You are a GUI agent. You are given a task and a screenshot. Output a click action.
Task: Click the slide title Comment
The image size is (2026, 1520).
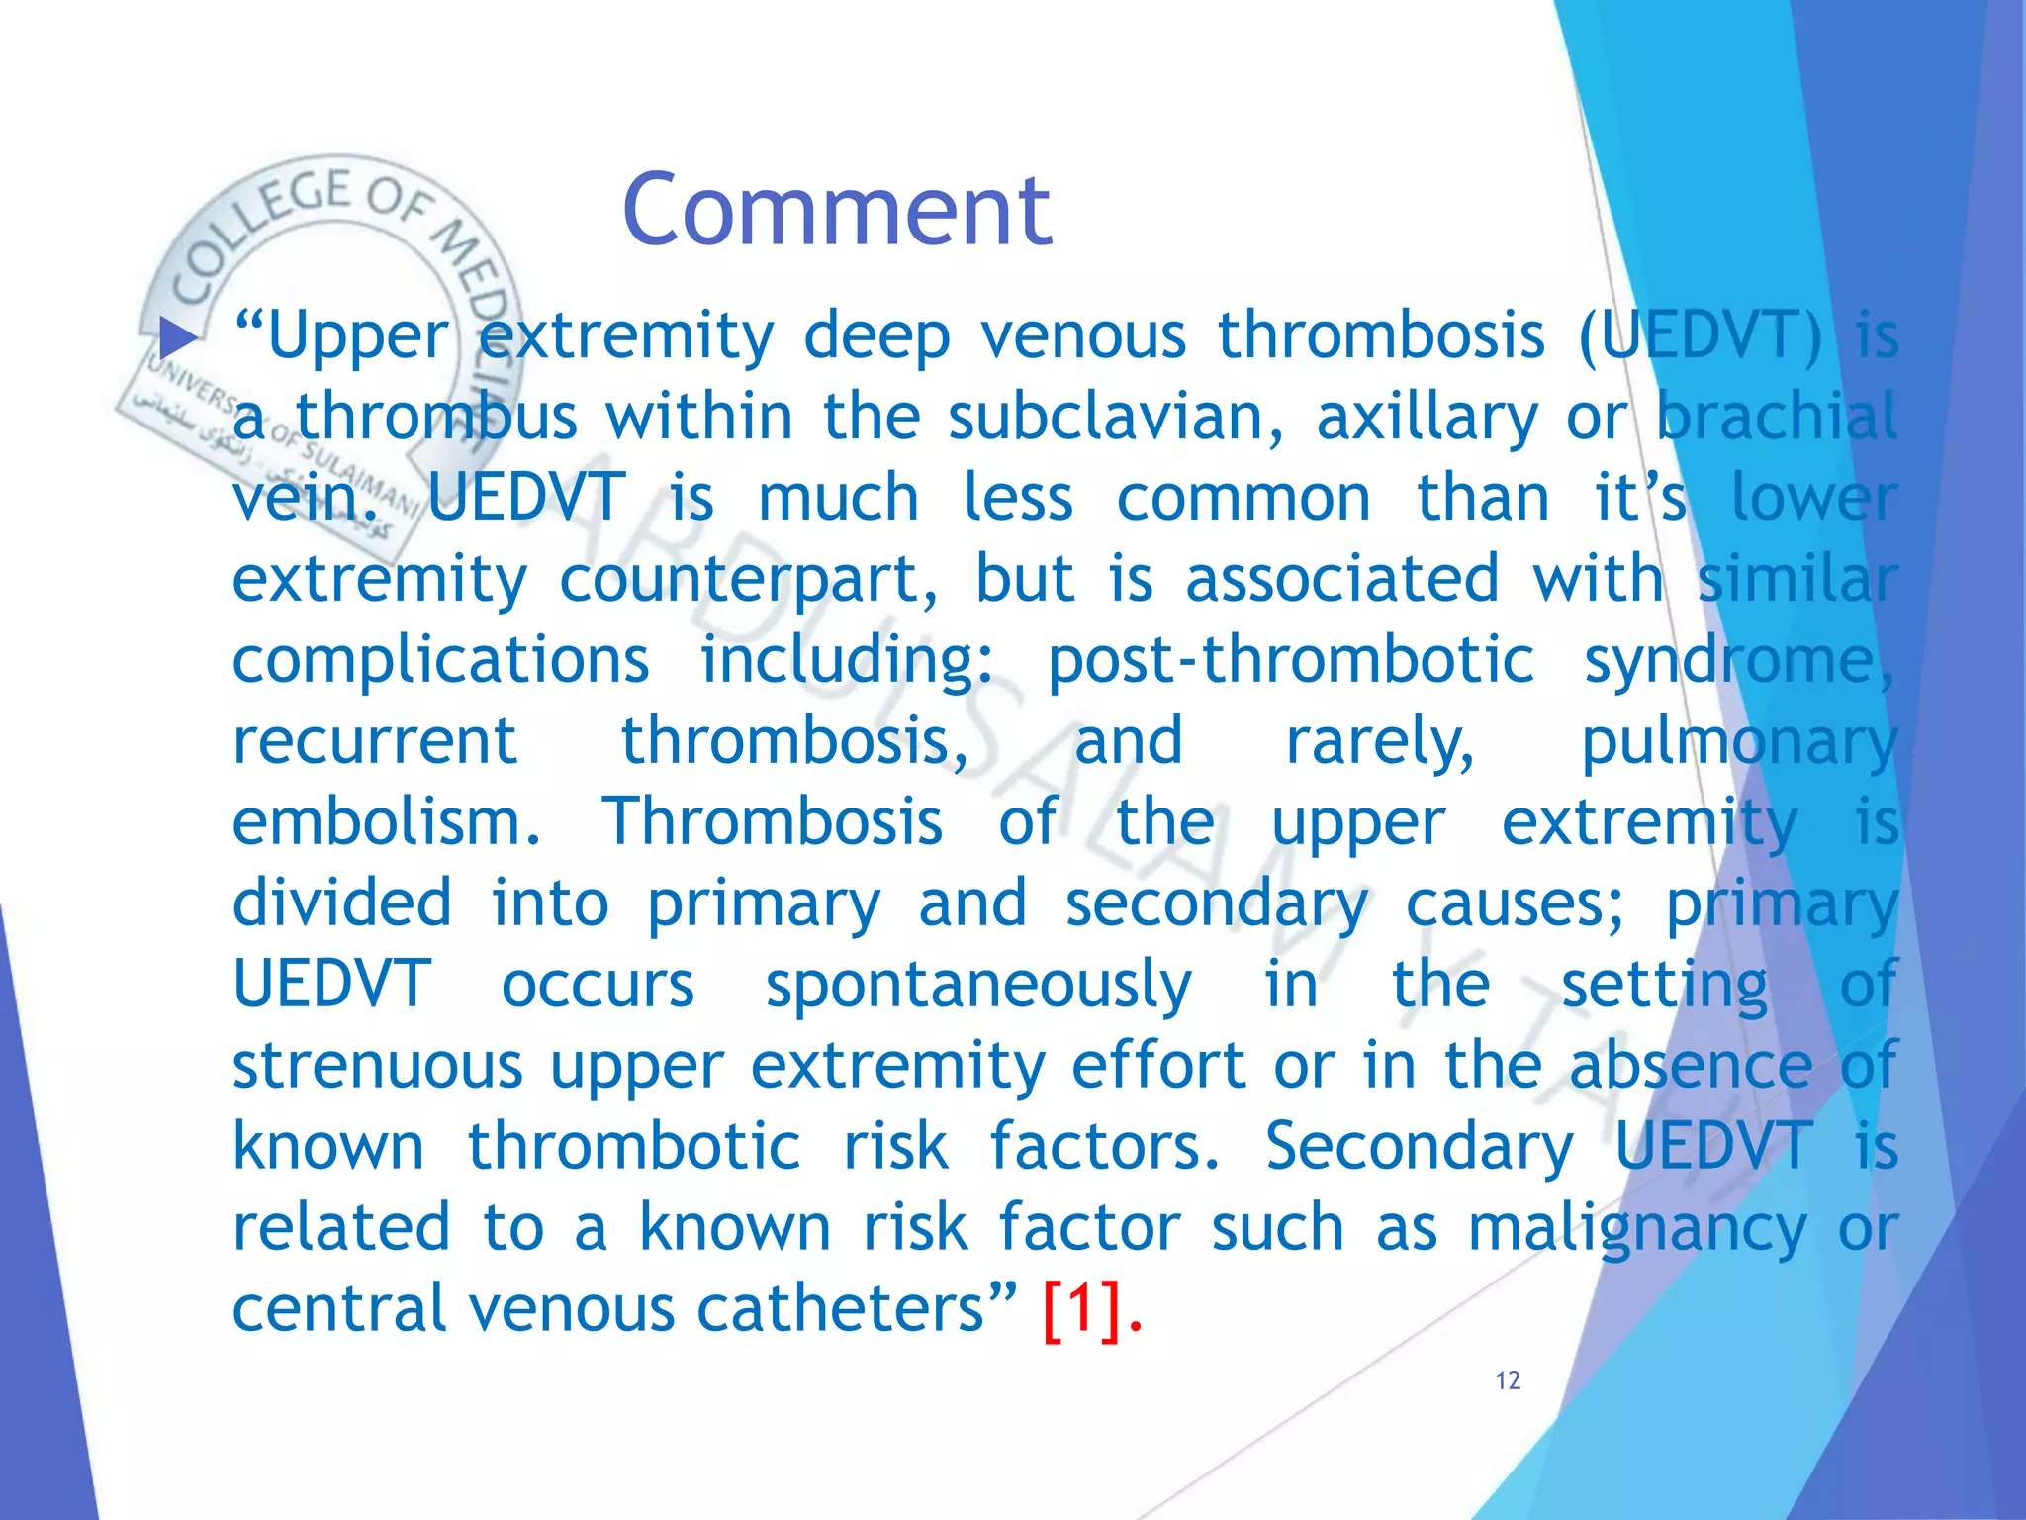[x=837, y=210]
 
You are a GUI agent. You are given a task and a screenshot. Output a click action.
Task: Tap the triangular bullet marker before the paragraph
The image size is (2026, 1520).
[x=178, y=338]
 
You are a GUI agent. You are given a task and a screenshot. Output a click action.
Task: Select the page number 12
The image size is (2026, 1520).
[x=1508, y=1380]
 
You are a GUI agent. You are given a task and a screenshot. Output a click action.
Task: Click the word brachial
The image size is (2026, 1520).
[x=1777, y=417]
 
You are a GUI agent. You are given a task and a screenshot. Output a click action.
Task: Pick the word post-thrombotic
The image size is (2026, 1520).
[x=1290, y=661]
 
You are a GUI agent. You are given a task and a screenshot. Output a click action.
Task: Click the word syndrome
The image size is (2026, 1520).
[x=1738, y=661]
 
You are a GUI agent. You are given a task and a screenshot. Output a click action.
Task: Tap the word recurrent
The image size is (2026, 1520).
[x=375, y=740]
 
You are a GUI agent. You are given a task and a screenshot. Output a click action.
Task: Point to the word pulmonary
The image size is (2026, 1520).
[x=1738, y=742]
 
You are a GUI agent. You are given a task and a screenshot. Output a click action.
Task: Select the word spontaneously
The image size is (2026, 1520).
[x=978, y=986]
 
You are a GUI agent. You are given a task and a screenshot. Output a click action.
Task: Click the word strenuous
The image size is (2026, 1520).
[x=377, y=1066]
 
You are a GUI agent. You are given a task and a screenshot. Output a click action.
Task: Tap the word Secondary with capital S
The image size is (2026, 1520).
[x=1419, y=1147]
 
